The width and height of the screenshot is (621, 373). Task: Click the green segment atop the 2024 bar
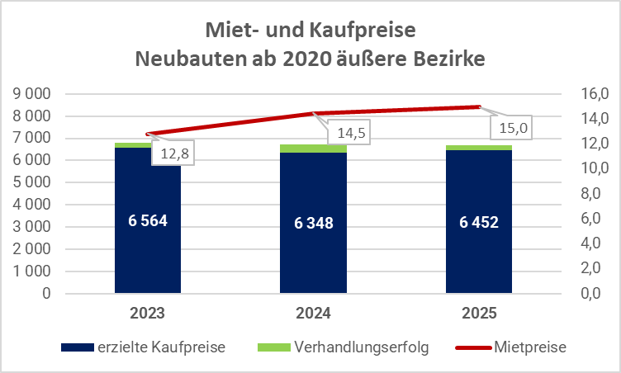pos(313,149)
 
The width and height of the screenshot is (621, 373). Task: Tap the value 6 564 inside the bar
pos(148,220)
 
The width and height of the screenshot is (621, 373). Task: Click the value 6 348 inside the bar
pos(313,223)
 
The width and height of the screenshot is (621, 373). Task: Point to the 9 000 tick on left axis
pos(31,93)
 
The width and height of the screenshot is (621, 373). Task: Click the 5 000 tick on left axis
pos(31,182)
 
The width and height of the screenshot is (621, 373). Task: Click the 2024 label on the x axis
pos(313,314)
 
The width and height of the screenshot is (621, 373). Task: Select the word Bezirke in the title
pos(448,59)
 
